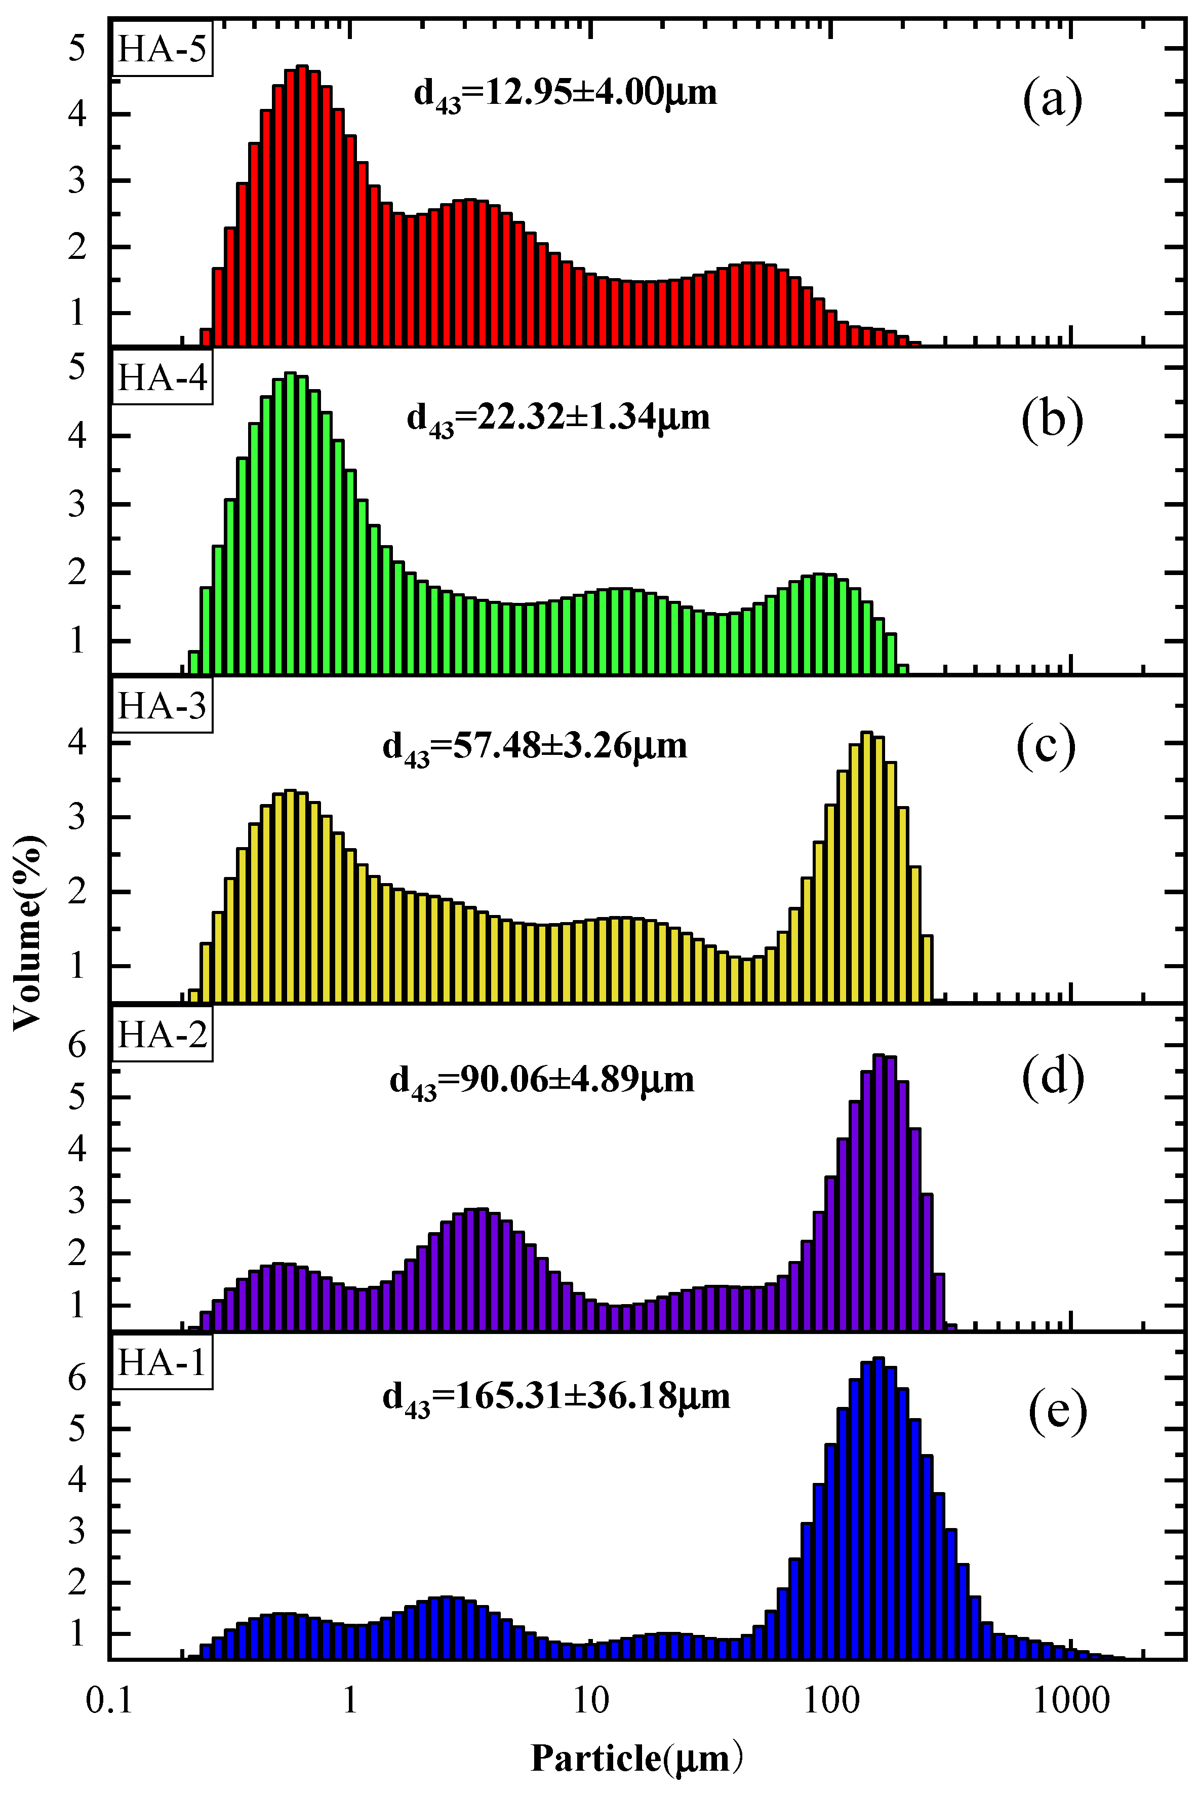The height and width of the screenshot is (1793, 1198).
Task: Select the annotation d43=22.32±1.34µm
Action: click(x=558, y=419)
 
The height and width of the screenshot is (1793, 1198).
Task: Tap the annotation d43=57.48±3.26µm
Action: click(x=534, y=747)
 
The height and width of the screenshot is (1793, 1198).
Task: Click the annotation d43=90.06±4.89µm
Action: click(x=542, y=1081)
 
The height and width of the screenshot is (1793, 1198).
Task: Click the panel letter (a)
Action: click(x=1052, y=100)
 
